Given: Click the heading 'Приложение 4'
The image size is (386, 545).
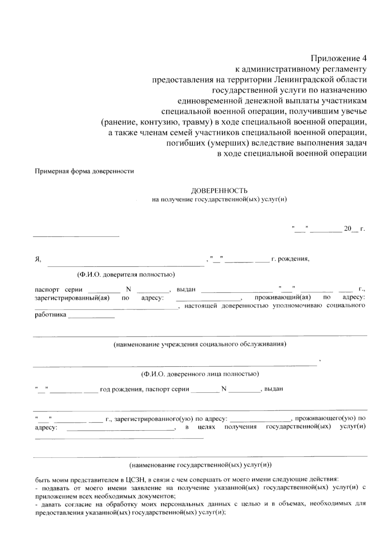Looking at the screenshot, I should tap(338, 59).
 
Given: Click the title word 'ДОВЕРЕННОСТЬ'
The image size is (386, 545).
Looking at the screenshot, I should tap(219, 191).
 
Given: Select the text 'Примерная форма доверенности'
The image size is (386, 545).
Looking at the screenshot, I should tap(84, 171).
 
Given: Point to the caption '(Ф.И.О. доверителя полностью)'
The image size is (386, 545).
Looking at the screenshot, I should tap(126, 275).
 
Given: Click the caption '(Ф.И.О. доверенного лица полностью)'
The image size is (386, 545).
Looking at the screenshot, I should tap(200, 374).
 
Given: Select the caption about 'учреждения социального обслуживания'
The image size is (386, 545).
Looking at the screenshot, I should tap(200, 344).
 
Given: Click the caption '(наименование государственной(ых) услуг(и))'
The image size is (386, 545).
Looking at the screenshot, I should tap(200, 465).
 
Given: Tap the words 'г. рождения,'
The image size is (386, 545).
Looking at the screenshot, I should tap(290, 259).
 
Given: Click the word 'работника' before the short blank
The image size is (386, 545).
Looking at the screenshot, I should tap(51, 314).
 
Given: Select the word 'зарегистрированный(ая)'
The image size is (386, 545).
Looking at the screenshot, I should tap(72, 298).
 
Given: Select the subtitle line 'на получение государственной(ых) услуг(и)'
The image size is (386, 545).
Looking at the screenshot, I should tap(219, 199).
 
